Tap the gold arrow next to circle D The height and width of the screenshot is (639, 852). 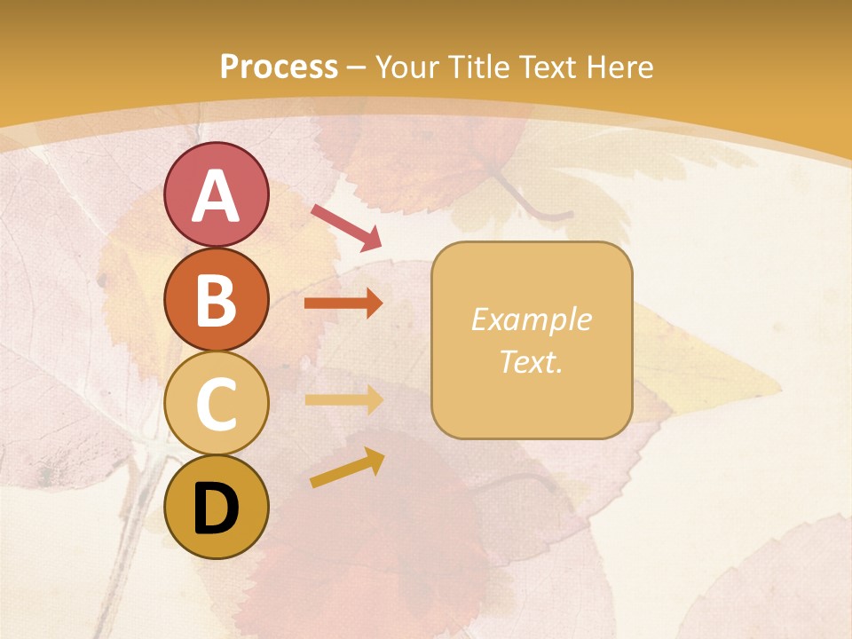pos(347,468)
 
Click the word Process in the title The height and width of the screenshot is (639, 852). pos(279,67)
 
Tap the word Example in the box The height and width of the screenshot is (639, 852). pos(532,319)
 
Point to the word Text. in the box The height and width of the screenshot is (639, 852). pos(532,361)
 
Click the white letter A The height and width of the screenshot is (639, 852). pos(216,197)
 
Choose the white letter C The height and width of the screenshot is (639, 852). pos(216,405)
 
